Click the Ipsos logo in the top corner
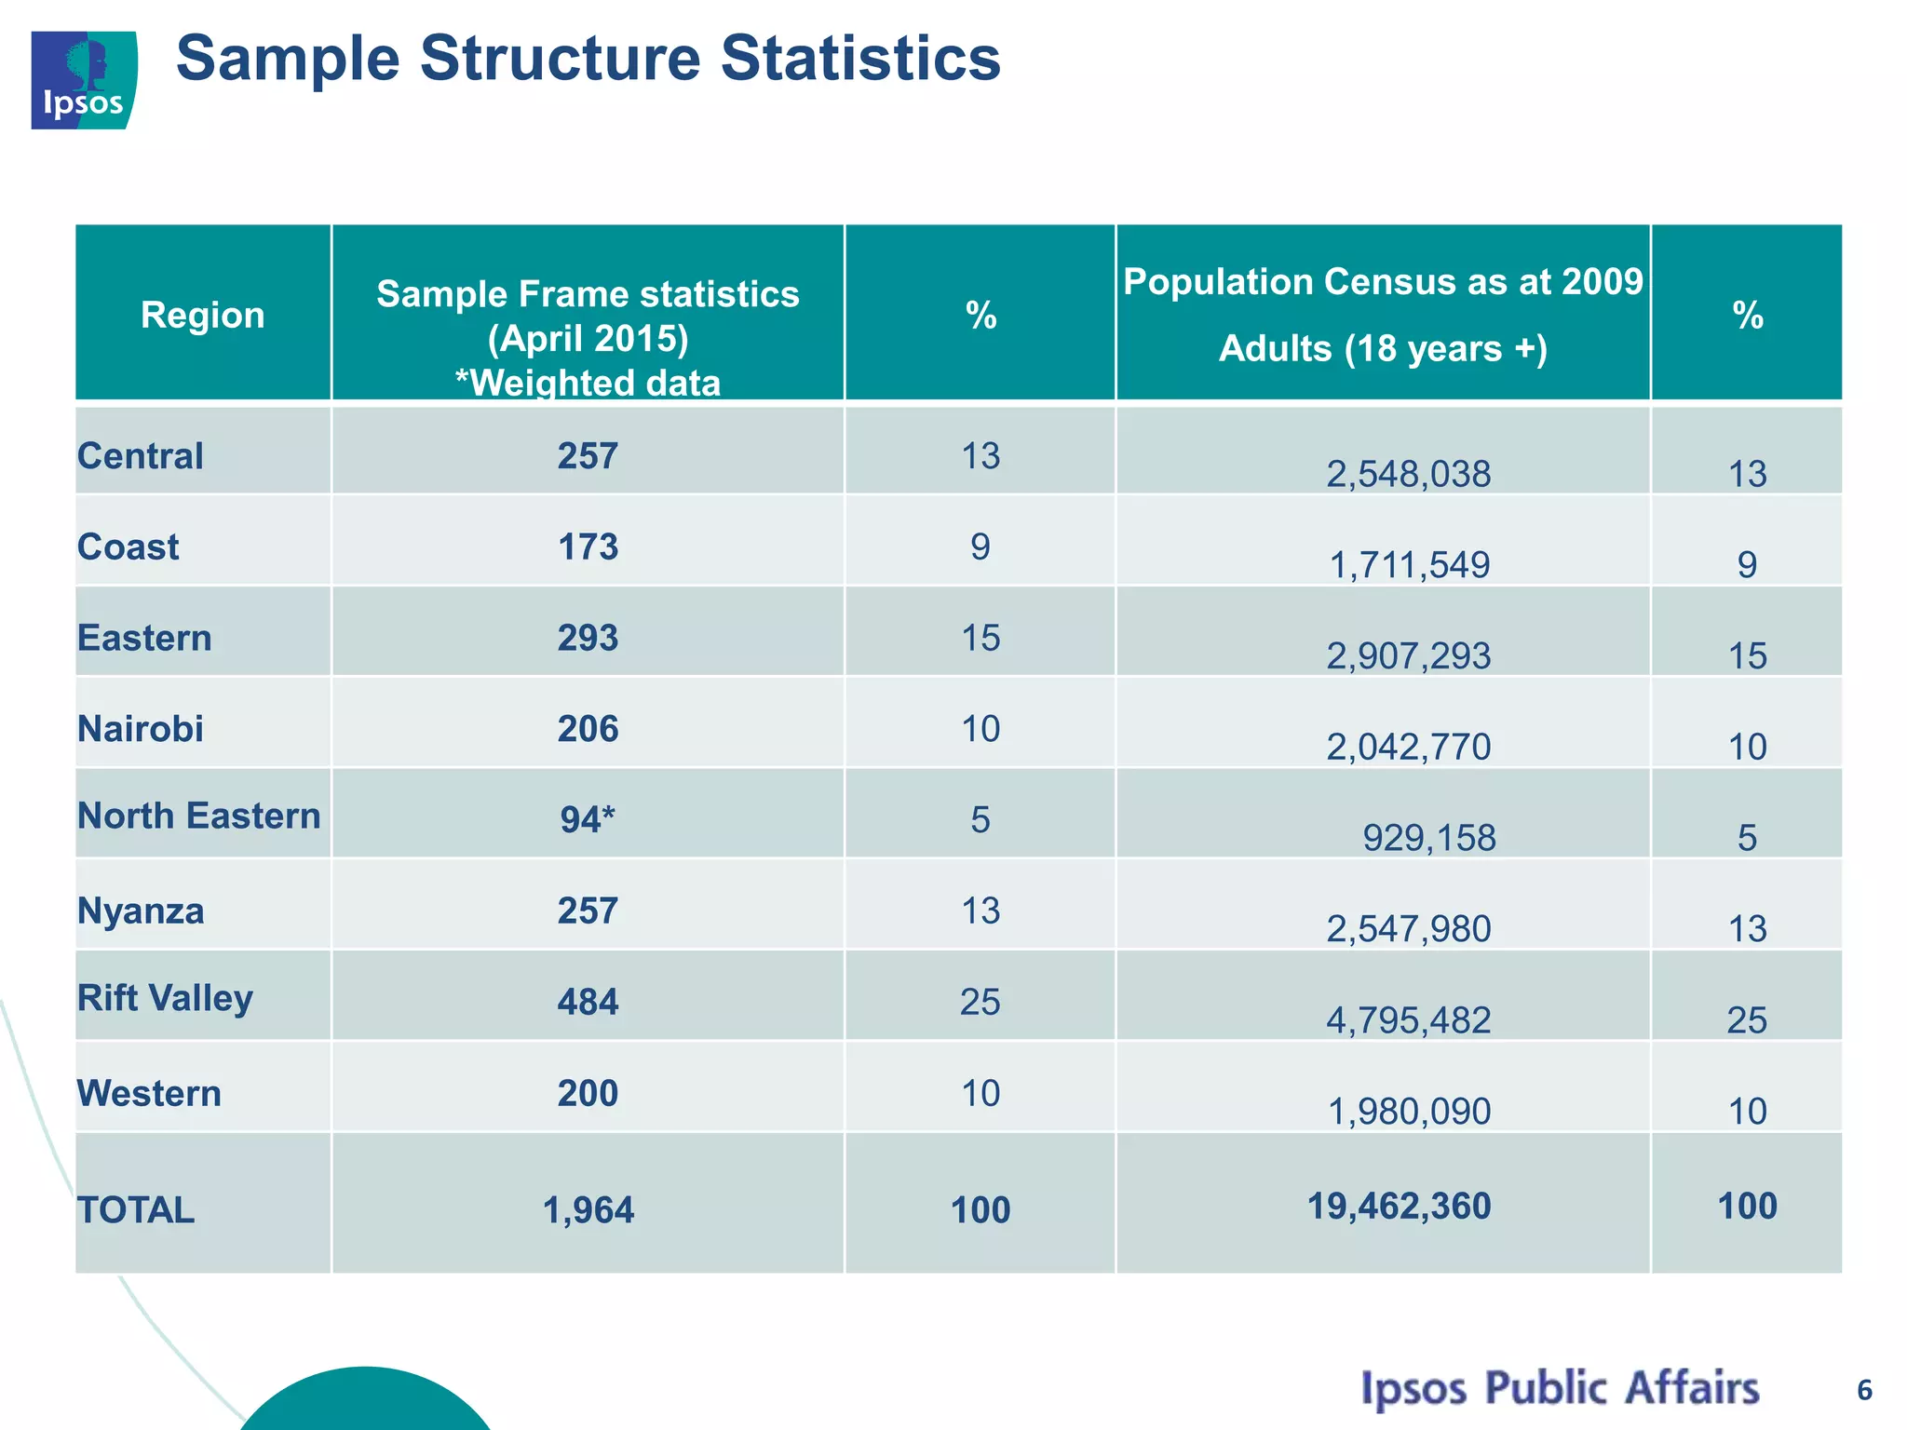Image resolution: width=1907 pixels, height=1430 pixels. coord(84,80)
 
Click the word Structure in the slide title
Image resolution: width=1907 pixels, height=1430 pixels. coord(559,58)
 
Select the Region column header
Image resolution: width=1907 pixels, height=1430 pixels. coord(202,315)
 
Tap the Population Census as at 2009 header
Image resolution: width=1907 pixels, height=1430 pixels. coord(1383,282)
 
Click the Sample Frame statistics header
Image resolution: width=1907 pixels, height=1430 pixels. coord(588,294)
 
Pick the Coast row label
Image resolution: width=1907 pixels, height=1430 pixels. coord(128,546)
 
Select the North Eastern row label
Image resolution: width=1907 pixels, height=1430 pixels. coord(198,816)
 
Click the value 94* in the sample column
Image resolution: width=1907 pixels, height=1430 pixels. coord(588,819)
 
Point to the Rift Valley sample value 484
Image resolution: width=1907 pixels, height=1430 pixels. coord(588,1002)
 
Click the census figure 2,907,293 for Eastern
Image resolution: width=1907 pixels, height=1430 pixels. coord(1408,656)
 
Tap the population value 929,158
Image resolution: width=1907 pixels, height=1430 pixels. coord(1428,838)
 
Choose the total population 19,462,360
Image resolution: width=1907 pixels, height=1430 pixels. coord(1399,1206)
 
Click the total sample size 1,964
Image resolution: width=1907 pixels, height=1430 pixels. coord(588,1210)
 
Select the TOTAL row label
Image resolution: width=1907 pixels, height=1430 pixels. coord(136,1210)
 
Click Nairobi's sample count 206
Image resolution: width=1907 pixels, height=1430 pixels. coord(588,729)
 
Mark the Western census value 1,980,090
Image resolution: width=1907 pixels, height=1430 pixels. coord(1408,1111)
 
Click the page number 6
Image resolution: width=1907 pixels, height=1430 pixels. coord(1864,1390)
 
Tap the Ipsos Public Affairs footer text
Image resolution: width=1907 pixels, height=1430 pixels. coord(1560,1388)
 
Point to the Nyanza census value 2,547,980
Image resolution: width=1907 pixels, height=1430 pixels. coord(1408,929)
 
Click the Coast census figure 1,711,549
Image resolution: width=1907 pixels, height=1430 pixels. coord(1408,565)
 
